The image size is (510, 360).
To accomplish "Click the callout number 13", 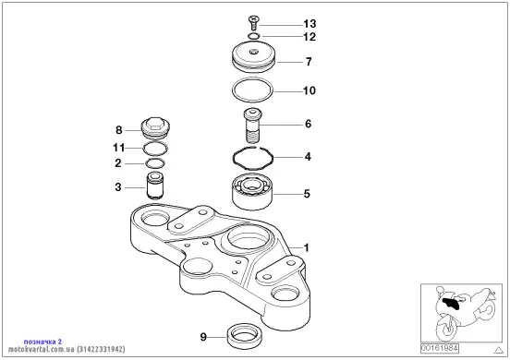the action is (310, 24).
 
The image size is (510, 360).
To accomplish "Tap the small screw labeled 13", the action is (254, 22).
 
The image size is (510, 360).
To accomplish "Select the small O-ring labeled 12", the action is (254, 36).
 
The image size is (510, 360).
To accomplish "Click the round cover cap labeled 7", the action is (254, 57).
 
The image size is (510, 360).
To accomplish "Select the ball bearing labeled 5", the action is (253, 192).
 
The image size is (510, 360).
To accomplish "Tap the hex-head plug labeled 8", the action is (155, 128).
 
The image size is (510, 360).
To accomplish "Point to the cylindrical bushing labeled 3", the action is (155, 186).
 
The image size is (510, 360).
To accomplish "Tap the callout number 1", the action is (306, 248).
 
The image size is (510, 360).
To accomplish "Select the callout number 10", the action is (310, 90).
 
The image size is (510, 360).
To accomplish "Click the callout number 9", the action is (203, 337).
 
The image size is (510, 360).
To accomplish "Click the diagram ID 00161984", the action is (440, 349).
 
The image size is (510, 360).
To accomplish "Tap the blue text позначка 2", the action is (42, 342).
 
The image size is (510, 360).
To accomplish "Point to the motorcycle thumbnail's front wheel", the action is (446, 328).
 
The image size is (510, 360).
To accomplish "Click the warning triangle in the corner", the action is (499, 350).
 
